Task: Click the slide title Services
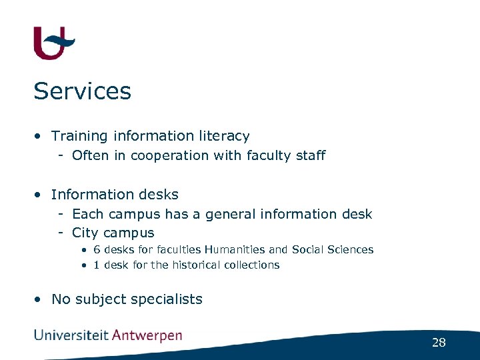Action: [x=82, y=91]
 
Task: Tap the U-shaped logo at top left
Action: [x=53, y=43]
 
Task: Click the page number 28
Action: [x=439, y=343]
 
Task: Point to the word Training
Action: [x=79, y=136]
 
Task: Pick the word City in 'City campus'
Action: [x=85, y=233]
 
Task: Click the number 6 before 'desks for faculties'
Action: [x=97, y=250]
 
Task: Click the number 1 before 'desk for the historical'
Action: [x=97, y=265]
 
